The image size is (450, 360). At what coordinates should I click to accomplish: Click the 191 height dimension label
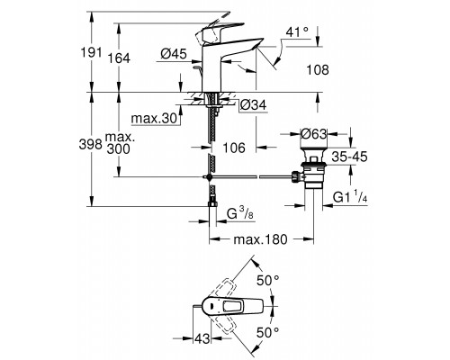point(91,52)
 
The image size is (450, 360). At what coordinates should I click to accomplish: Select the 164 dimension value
point(119,58)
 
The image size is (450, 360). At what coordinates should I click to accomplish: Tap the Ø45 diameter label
point(174,54)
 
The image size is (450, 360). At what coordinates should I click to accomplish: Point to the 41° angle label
point(297,31)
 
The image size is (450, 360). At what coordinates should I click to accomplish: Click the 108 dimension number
point(318,70)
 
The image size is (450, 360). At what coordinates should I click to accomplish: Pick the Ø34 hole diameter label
point(254,105)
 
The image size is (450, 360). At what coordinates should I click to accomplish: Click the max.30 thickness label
point(155,119)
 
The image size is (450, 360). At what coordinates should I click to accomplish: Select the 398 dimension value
point(91,144)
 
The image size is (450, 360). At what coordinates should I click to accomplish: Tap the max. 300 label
point(120,143)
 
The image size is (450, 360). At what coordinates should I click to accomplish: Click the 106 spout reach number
point(234,148)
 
